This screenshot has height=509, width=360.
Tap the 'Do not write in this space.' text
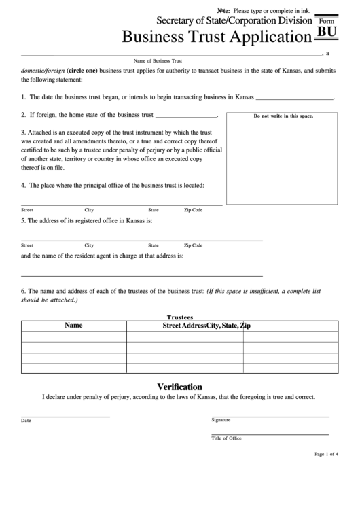283,116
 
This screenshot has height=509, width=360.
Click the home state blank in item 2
186,116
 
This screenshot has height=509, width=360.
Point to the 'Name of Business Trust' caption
158,60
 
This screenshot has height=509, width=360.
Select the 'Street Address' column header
184,326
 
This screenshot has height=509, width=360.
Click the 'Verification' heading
179,386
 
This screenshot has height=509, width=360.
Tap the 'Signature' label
221,420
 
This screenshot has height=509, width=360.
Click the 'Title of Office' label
226,438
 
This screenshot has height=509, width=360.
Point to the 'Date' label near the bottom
26,421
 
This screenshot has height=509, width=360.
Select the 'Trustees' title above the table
180,317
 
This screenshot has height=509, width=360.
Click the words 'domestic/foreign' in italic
43,70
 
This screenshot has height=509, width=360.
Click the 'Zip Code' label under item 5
193,245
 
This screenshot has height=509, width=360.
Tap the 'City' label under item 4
89,210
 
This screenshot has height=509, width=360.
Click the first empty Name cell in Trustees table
73,336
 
